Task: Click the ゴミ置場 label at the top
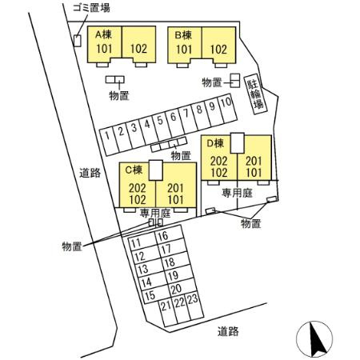(x=91, y=8)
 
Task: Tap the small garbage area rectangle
(x=78, y=41)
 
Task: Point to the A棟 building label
(x=103, y=34)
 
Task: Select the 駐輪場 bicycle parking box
(x=256, y=94)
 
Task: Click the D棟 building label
(x=215, y=143)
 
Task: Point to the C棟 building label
(x=134, y=170)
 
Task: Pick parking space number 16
(x=169, y=234)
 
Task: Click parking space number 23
(x=194, y=306)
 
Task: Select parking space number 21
(x=168, y=313)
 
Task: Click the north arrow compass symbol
(x=314, y=339)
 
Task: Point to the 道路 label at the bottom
(x=228, y=331)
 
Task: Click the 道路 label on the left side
(x=90, y=173)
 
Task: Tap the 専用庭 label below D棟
(x=237, y=193)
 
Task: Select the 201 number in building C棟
(x=175, y=188)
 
